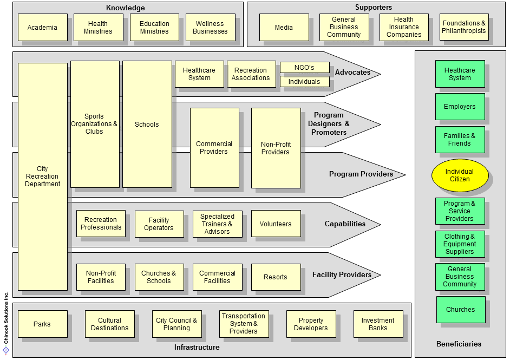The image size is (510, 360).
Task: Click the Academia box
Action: click(42, 28)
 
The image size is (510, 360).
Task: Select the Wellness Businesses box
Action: click(210, 28)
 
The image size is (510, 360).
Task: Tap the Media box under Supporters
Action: click(284, 28)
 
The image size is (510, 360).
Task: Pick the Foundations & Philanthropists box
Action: click(464, 27)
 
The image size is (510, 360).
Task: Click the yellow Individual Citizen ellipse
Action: click(460, 175)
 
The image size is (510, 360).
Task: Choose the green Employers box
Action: click(460, 107)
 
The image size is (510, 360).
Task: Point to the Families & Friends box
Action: click(460, 140)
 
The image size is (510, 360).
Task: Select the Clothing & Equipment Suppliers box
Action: click(460, 244)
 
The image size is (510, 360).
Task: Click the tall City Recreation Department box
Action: click(42, 176)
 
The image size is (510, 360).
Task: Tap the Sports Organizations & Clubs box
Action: click(94, 124)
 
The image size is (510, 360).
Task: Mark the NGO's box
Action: click(304, 68)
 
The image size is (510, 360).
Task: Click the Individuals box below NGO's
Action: click(304, 82)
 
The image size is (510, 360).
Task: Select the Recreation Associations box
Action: click(251, 74)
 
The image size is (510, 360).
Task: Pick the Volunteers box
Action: click(276, 224)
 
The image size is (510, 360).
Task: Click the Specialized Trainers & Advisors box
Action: click(217, 224)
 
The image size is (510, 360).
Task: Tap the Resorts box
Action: click(276, 277)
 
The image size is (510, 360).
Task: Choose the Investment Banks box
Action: click(378, 324)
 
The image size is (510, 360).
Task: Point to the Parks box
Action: click(42, 324)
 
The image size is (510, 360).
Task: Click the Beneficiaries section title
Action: click(459, 344)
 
